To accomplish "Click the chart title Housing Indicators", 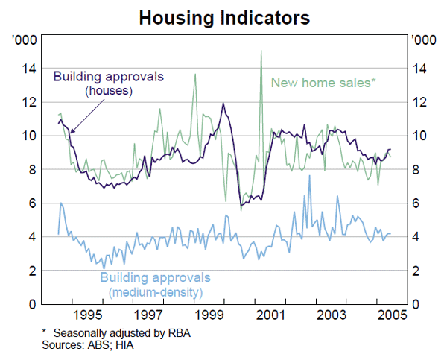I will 223,16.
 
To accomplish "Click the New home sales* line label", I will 323,82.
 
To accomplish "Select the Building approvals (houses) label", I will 108,83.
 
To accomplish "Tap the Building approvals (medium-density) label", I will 155,285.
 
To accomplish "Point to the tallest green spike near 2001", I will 261,51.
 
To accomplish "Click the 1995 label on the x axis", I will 87,315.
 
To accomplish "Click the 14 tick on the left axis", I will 28,69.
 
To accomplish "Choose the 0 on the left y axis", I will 32,304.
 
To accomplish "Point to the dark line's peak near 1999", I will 222,104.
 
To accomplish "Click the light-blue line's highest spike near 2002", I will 309,177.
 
